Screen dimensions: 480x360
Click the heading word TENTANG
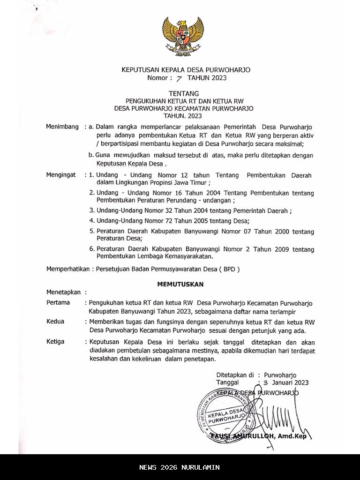(x=183, y=93)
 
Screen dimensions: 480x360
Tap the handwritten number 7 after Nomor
(x=179, y=79)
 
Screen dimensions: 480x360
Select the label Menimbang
(x=62, y=127)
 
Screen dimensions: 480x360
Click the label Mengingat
(x=61, y=175)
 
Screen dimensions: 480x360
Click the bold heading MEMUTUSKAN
(x=180, y=284)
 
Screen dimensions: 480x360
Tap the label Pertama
(x=58, y=303)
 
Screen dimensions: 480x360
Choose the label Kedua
(x=55, y=322)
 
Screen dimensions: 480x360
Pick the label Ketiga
(x=55, y=341)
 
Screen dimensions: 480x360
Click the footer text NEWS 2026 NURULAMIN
(x=180, y=467)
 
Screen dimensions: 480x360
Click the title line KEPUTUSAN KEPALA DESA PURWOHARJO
(x=186, y=70)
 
